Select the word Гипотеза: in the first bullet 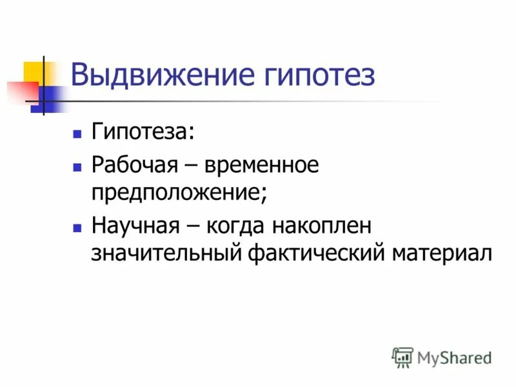[x=143, y=132]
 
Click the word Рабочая [x=134, y=166]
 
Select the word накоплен [x=321, y=226]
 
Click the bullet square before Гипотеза [x=77, y=134]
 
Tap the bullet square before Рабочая [x=77, y=167]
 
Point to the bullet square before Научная [x=77, y=228]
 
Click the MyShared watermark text [x=454, y=357]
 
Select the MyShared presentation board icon [x=402, y=357]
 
